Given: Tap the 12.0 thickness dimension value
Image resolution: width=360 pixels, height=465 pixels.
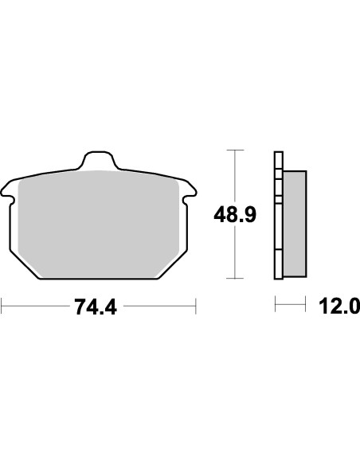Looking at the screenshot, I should tap(338, 307).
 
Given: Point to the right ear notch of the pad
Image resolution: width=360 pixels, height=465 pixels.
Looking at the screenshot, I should tap(189, 192).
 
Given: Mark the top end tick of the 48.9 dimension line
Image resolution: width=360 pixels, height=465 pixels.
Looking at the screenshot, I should tap(233, 149).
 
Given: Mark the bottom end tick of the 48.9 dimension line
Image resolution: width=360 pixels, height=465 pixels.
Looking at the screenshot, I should tap(233, 279).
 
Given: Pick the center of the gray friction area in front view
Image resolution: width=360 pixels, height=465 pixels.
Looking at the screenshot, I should tap(98, 219).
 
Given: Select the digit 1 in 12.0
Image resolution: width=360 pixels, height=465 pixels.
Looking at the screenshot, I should tap(324, 307).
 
